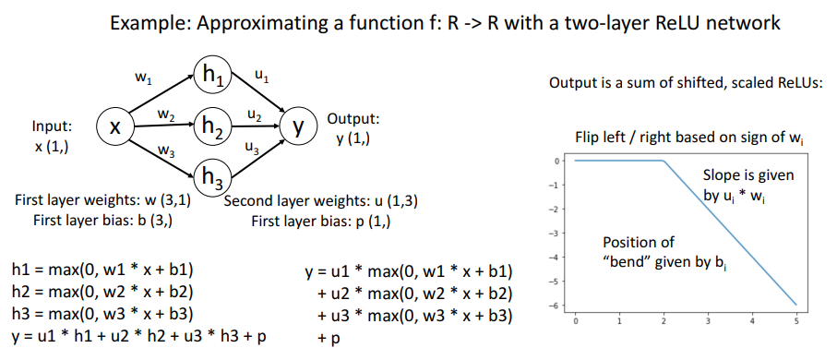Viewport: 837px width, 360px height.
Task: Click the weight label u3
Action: tap(251, 145)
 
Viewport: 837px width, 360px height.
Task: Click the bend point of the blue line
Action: tap(663, 161)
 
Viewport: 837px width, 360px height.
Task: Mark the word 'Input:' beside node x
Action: tap(53, 128)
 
